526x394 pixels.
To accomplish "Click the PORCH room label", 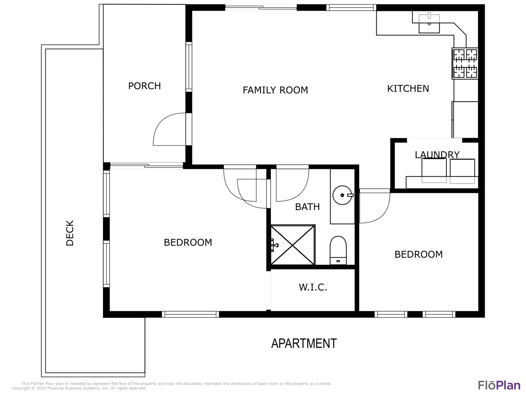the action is point(144,86).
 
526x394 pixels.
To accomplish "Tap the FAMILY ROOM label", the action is point(275,90).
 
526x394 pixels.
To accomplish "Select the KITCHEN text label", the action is point(408,89).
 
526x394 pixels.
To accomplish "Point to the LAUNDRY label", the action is point(437,155).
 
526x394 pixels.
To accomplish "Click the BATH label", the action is point(308,207).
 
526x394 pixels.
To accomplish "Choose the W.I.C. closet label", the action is point(313,287).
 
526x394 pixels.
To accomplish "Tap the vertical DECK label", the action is point(70,233).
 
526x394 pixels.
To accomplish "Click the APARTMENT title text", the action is point(304,344).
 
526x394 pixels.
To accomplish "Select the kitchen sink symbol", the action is point(429,23).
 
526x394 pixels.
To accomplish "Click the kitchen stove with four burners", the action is point(465,63).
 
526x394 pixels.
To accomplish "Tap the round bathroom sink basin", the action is point(342,195).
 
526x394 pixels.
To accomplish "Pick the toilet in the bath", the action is point(338,250).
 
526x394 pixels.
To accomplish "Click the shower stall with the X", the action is point(293,245).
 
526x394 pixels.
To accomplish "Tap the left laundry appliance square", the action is point(434,171).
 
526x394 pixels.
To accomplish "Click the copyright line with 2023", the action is point(79,388).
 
